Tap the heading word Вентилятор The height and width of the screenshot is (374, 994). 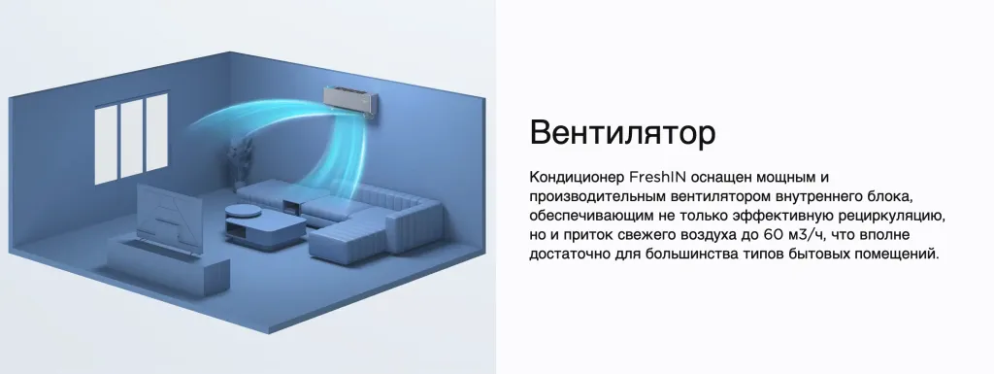click(622, 132)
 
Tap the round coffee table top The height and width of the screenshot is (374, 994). click(245, 210)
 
